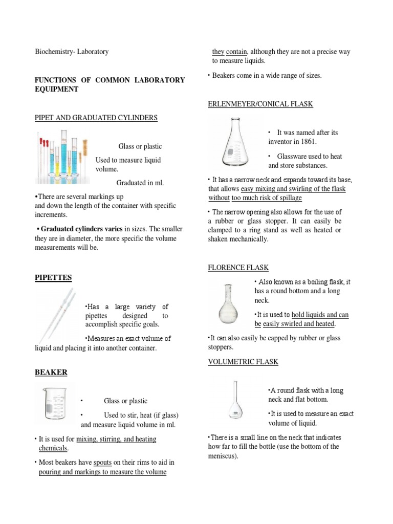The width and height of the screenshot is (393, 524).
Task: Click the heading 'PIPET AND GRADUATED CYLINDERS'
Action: point(96,118)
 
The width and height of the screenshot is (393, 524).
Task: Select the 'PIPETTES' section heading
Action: point(53,277)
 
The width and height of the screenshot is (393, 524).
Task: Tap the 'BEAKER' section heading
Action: point(51,372)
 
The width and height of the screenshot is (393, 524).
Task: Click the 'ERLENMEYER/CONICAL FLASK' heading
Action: point(260,104)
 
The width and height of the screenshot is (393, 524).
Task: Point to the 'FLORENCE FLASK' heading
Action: point(238,268)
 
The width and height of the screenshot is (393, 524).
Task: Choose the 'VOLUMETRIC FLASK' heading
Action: point(243,362)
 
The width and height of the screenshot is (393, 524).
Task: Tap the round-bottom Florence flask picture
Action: point(229,304)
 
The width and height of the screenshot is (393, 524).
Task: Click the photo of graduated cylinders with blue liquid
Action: point(62,156)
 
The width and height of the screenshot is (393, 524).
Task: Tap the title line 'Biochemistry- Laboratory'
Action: point(71,52)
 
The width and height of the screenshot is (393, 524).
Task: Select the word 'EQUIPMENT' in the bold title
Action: point(56,89)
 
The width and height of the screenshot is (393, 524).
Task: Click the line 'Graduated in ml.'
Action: point(140,183)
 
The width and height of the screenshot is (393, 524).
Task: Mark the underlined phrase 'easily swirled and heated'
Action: point(299,324)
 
